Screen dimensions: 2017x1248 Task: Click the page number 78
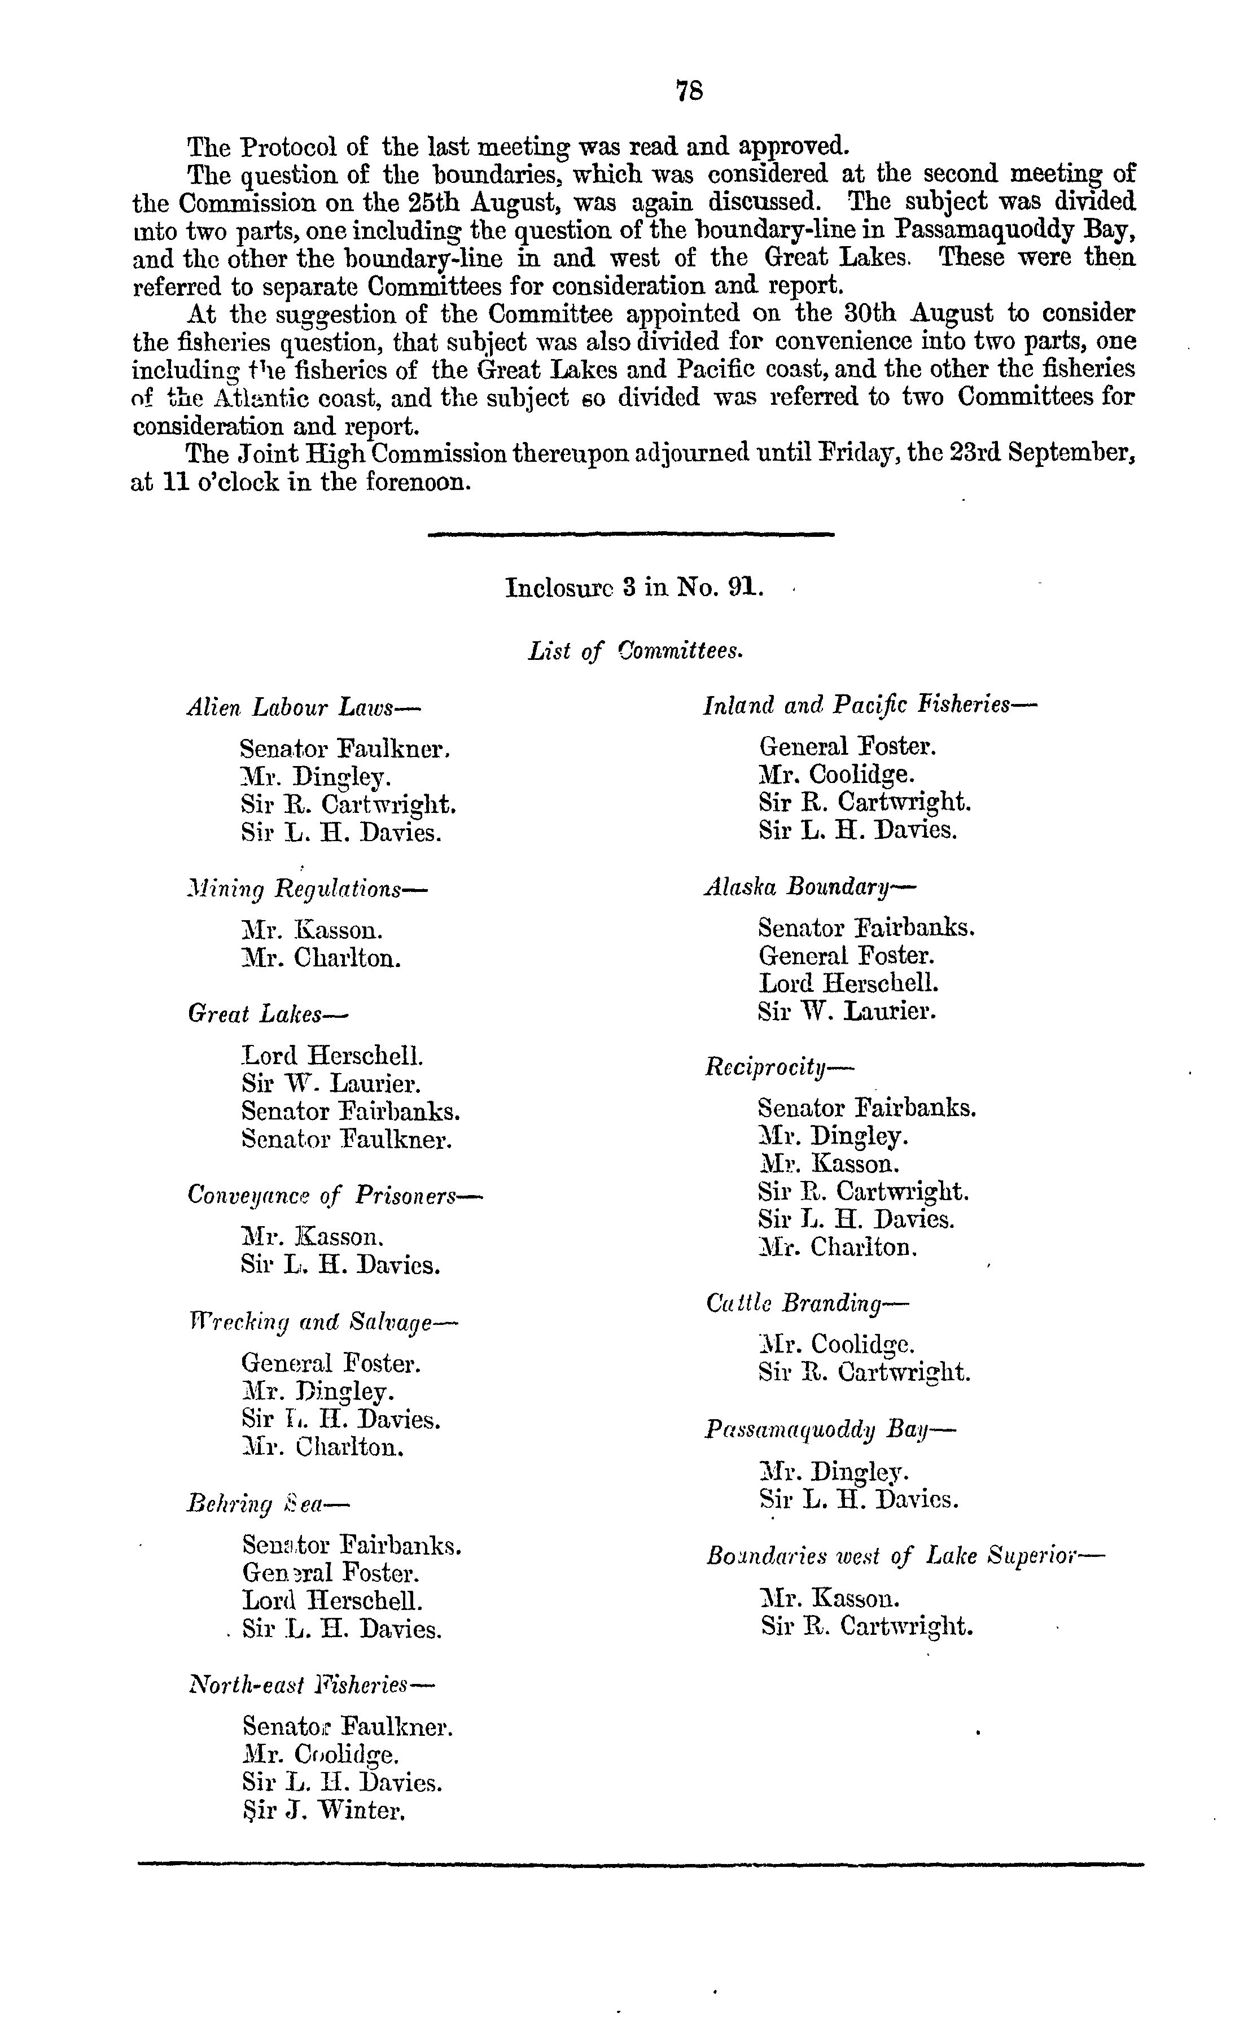coord(689,90)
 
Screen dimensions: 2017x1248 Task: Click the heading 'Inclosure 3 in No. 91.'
coord(634,588)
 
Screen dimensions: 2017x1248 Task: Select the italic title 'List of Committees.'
coord(636,651)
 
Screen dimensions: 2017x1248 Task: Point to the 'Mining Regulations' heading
coord(307,889)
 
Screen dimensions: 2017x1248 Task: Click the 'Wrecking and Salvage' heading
coord(323,1322)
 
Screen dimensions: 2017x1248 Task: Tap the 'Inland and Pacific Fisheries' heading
coord(870,705)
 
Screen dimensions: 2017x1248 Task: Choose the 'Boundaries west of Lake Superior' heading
coord(905,1556)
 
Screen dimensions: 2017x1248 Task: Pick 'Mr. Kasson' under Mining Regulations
coord(312,930)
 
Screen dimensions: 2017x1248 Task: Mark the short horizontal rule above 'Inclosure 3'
coord(632,536)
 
